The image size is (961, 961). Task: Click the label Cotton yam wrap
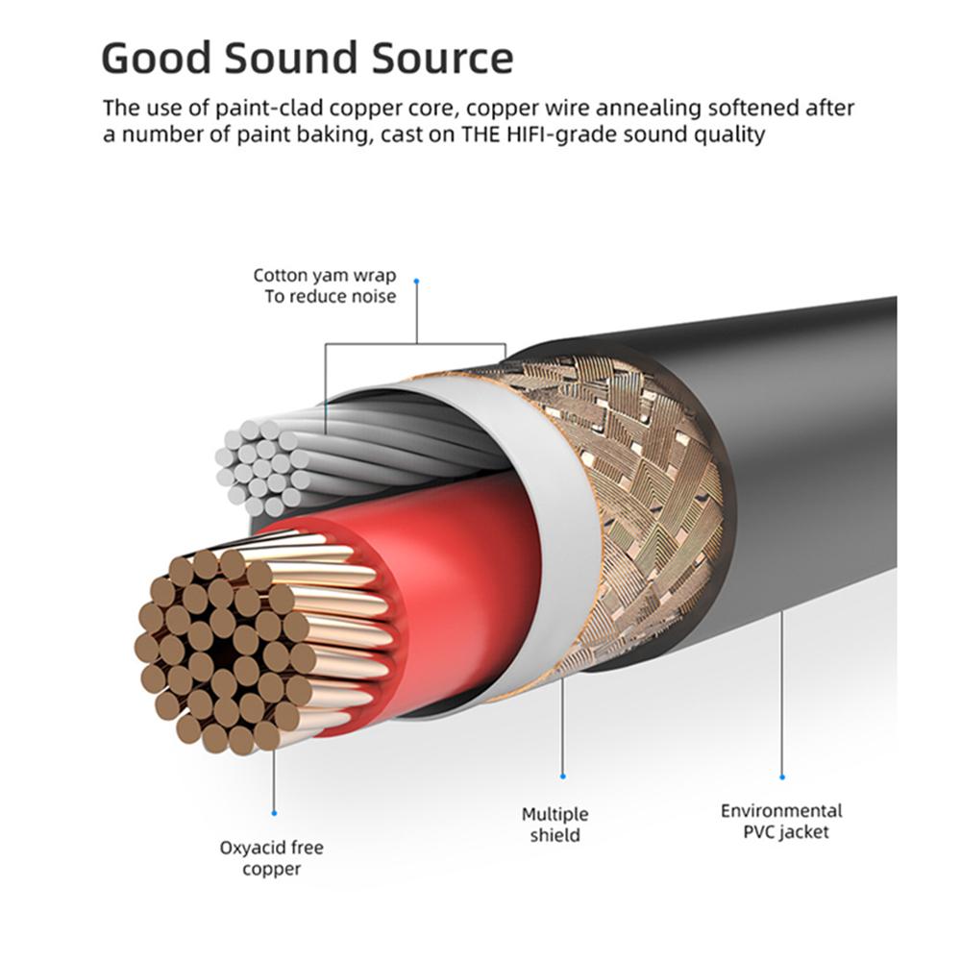(x=325, y=276)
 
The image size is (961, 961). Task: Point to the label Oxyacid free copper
(x=272, y=858)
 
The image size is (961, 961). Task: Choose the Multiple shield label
(x=555, y=825)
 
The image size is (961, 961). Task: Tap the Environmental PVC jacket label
(x=781, y=822)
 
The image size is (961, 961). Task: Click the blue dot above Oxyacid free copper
(x=273, y=813)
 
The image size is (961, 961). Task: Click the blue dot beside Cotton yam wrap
(x=417, y=281)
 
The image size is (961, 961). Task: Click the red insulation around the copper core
(x=461, y=577)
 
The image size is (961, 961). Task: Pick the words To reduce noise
(x=331, y=297)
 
